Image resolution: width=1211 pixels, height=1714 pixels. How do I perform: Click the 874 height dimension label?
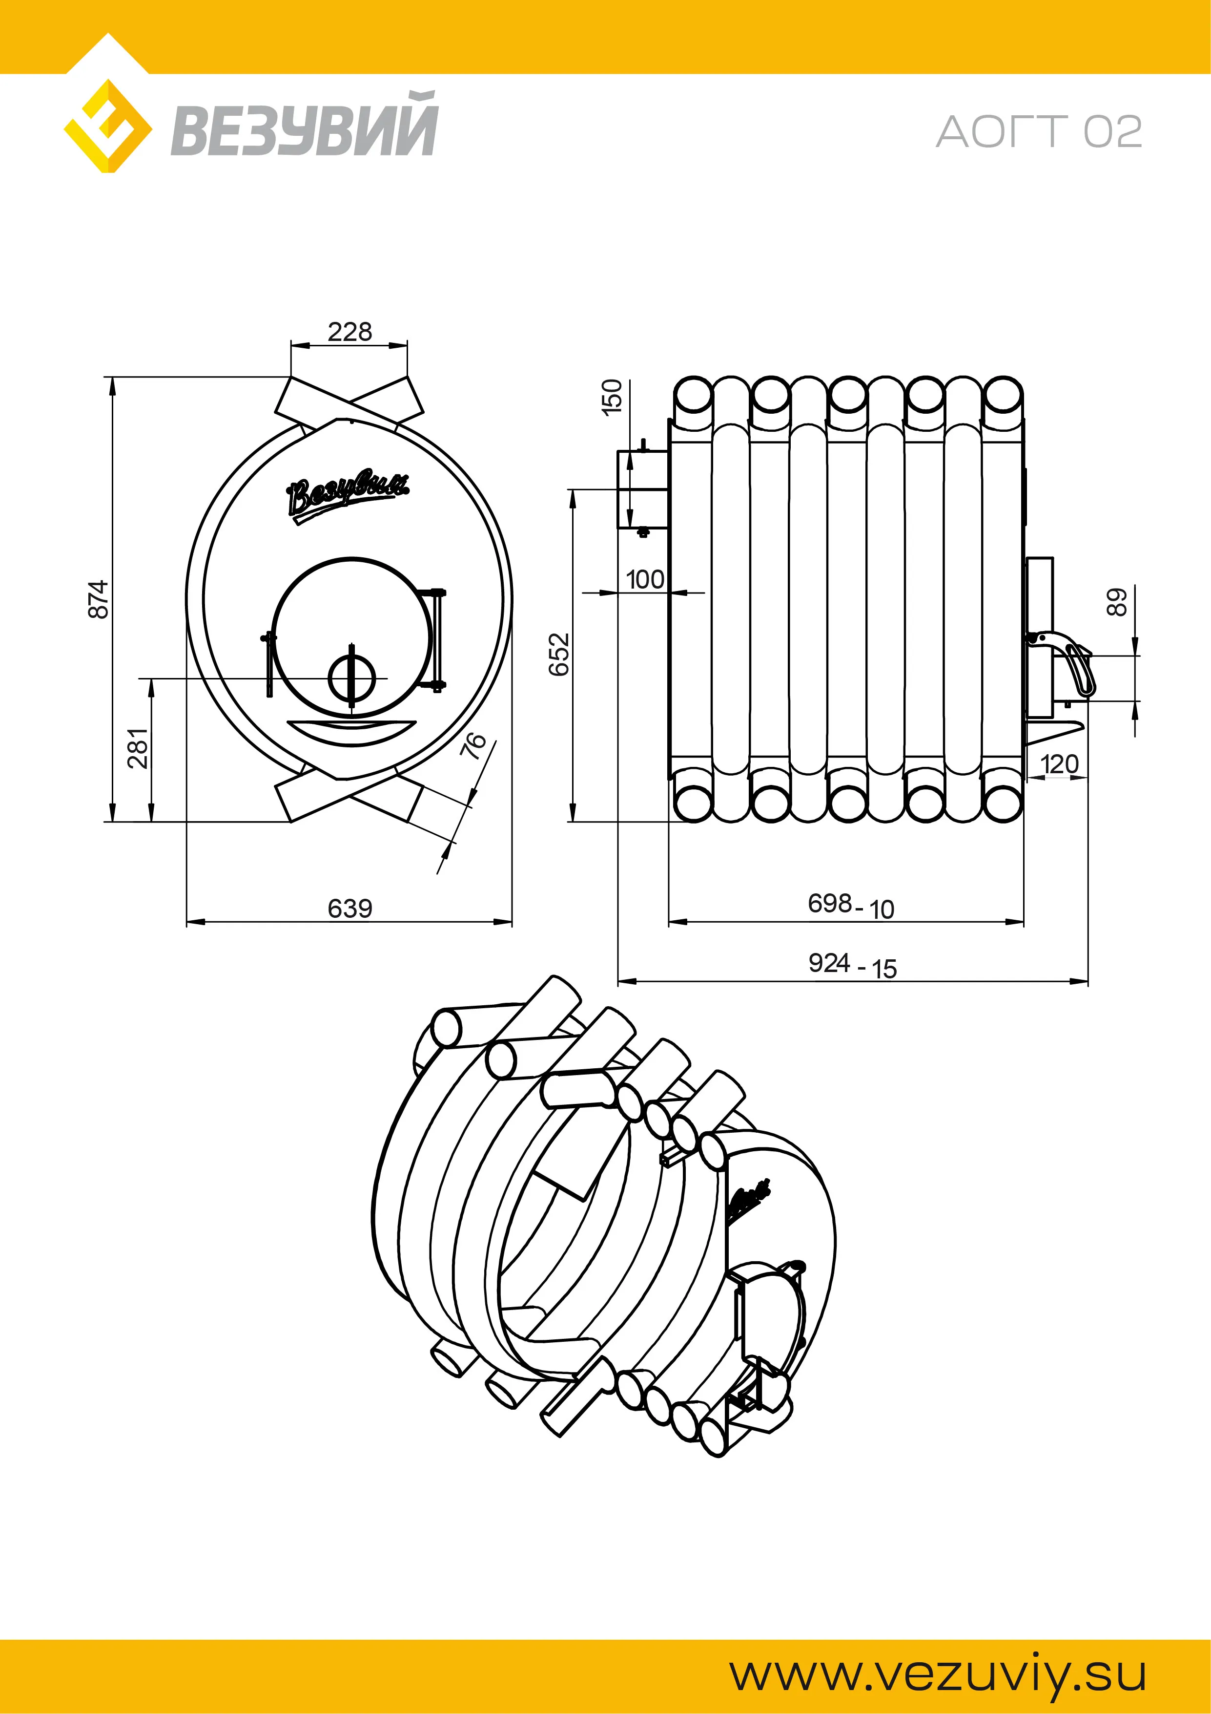click(99, 599)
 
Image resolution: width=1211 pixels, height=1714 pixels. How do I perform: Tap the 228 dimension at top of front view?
click(349, 332)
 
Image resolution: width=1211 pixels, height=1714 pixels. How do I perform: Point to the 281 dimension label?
click(138, 748)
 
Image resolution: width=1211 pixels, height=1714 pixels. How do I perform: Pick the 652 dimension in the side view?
click(559, 654)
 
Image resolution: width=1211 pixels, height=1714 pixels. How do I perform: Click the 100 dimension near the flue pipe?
click(645, 579)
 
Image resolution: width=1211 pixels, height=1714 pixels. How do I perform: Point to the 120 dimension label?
click(1059, 763)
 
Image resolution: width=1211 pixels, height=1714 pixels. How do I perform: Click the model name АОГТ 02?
click(1039, 132)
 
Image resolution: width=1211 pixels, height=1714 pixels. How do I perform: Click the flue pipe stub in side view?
click(642, 489)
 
